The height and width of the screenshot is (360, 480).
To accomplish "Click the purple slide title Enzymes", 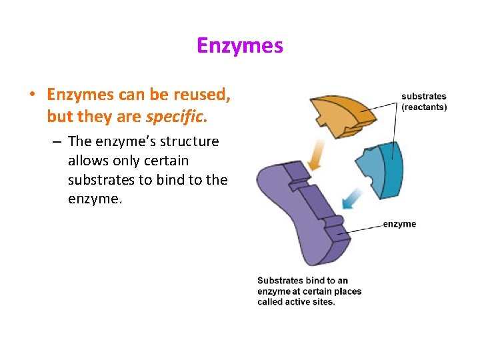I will (x=239, y=46).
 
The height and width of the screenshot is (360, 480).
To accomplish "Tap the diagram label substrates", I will (x=424, y=97).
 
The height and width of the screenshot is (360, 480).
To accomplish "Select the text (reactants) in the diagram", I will (x=424, y=107).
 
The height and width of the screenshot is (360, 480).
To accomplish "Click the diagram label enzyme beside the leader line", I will (x=399, y=224).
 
